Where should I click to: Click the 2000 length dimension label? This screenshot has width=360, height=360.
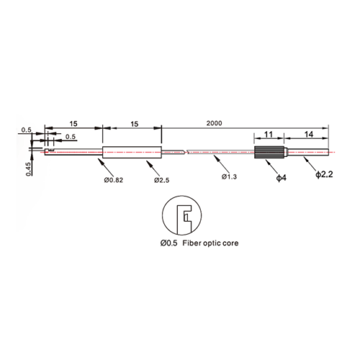[214, 123]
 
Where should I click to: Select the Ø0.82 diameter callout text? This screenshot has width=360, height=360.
[114, 180]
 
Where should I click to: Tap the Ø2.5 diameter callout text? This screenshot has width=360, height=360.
[161, 180]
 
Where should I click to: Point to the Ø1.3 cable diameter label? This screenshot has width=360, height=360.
[229, 177]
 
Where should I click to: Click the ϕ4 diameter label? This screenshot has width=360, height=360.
[282, 178]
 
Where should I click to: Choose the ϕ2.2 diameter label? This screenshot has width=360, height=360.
[324, 174]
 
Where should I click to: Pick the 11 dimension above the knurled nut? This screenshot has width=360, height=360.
[269, 135]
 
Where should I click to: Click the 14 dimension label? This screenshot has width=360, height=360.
[309, 135]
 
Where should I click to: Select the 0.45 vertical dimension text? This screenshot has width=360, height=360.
[29, 169]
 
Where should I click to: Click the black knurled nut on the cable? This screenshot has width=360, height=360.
[269, 152]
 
